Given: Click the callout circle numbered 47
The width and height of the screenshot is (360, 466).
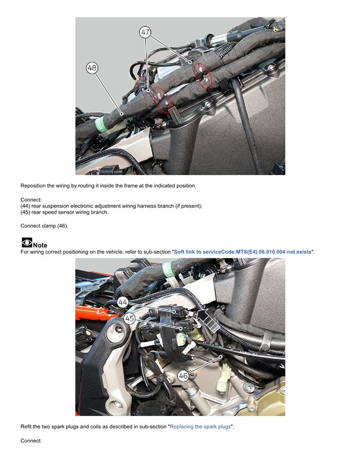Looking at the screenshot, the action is pos(145,32).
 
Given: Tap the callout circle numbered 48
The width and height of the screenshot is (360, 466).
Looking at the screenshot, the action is pos(92,68).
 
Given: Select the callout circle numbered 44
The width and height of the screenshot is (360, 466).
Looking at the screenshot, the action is pos(123,302).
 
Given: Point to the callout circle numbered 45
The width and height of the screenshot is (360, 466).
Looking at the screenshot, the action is pos(129,318).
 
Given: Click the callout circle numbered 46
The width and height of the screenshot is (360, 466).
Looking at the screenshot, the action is pos(184,375).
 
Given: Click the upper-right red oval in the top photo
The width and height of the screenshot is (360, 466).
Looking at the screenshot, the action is pos(203,75).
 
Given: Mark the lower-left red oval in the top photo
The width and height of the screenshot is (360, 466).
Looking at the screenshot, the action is pos(162,100).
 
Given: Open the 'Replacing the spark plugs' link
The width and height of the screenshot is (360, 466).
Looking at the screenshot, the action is pos(200,427).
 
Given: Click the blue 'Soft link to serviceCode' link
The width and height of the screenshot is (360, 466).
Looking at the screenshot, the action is pos(243,252).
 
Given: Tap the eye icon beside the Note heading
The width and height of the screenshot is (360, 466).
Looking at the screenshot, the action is pos(26,242).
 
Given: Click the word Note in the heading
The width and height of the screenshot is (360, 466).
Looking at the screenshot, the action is pos(40,245).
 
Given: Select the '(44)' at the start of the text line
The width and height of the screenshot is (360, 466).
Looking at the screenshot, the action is pos(25,206).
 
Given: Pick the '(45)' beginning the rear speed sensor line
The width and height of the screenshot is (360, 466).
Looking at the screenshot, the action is pos(25,212).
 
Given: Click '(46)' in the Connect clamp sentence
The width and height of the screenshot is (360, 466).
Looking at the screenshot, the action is pos(62,226).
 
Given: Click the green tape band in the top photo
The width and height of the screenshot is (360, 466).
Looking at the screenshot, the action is pos(101,124).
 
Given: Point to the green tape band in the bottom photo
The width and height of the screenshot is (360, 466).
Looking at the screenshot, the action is pos(168,270).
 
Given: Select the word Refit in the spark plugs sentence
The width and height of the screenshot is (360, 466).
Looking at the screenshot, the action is pos(25,427).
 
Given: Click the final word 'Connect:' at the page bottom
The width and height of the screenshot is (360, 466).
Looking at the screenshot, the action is pos(31,441).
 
